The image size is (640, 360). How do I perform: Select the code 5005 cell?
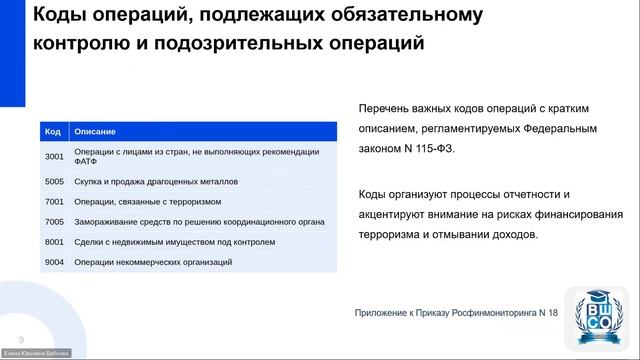tap(54, 181)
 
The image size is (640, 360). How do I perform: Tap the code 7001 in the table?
tap(54, 201)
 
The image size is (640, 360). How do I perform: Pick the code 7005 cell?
tap(54, 221)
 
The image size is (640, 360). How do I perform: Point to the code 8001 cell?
tap(54, 241)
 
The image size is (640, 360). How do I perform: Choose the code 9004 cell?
tap(54, 261)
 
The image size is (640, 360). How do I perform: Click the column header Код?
tap(54, 131)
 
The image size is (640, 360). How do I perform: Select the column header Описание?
tap(95, 131)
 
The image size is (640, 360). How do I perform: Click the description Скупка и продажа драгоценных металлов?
tap(155, 181)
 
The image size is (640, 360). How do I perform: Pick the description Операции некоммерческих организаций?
tap(153, 261)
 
